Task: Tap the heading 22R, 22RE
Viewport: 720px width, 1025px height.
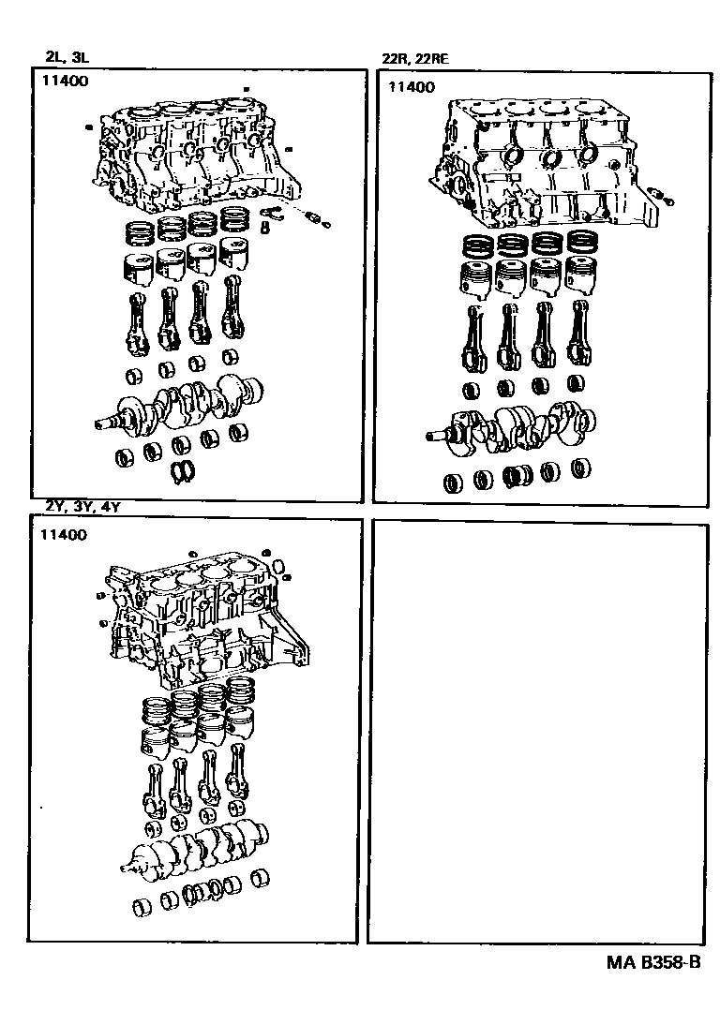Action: [x=415, y=59]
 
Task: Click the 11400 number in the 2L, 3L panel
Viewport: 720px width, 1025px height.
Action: [x=65, y=82]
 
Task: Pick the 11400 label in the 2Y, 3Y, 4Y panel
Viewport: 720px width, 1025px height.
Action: [x=64, y=535]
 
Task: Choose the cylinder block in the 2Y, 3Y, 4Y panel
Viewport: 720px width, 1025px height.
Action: [x=202, y=623]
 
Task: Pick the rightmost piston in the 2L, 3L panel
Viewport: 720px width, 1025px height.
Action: [x=234, y=258]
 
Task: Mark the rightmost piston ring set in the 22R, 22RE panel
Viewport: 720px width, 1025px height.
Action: [x=582, y=245]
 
